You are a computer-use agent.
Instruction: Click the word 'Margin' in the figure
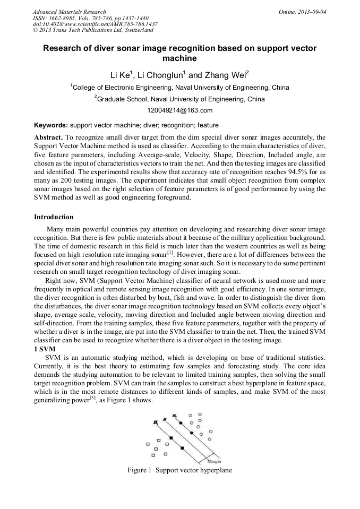click(x=214, y=461)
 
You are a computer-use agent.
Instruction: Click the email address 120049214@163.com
click(x=179, y=110)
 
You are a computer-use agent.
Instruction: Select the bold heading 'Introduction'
click(x=54, y=217)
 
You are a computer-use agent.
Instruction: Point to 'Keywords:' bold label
click(x=50, y=125)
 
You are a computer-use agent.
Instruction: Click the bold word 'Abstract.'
click(x=48, y=137)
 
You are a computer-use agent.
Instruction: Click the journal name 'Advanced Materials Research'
click(x=69, y=11)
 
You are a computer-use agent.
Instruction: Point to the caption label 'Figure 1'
click(x=140, y=470)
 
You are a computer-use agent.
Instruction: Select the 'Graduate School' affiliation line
click(x=179, y=99)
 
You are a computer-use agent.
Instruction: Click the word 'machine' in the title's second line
click(x=179, y=58)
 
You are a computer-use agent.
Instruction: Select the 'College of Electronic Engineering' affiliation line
click(x=179, y=88)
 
